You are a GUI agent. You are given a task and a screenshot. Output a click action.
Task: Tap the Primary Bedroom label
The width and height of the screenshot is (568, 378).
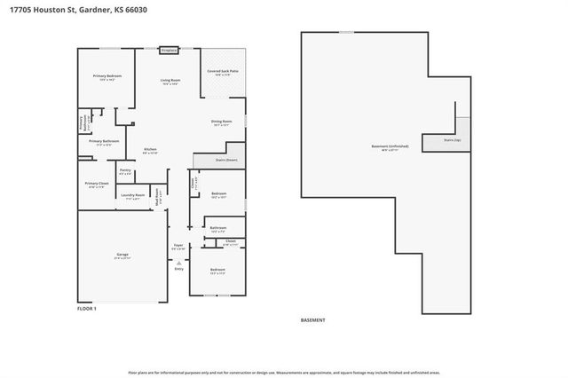tap(107, 77)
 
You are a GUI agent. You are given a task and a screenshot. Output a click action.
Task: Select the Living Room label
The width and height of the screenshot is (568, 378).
tap(170, 82)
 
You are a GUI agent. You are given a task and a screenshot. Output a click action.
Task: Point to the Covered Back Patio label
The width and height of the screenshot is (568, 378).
tap(222, 71)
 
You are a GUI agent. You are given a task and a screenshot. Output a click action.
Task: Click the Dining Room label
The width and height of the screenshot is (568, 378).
tap(221, 122)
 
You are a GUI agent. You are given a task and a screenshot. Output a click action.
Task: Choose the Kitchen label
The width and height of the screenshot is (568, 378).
tap(151, 151)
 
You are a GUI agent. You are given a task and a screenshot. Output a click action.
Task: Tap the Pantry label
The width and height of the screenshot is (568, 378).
tap(125, 170)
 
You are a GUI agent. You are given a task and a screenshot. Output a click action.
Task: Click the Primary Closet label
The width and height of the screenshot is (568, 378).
tap(96, 185)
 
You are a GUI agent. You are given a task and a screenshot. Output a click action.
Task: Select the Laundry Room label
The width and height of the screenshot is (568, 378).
tap(134, 196)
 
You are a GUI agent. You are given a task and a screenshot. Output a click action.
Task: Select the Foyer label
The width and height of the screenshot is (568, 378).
tap(178, 248)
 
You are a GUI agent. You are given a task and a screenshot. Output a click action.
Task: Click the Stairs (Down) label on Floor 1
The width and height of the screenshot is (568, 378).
tap(226, 160)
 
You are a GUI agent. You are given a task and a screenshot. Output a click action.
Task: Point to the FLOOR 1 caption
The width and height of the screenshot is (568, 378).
tap(87, 308)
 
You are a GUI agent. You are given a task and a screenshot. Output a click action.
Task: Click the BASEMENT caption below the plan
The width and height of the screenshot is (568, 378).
tap(313, 320)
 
